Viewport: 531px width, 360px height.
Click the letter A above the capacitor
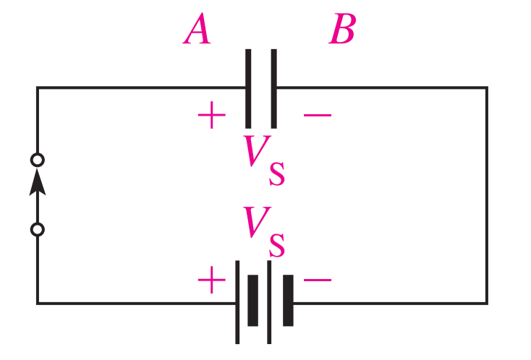tap(197, 31)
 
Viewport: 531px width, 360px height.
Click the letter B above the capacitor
tap(342, 31)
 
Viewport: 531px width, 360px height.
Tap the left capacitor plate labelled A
tap(248, 87)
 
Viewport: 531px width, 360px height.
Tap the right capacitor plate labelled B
tap(273, 87)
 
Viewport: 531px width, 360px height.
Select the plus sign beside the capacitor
tap(211, 116)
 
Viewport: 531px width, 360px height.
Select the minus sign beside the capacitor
tap(317, 116)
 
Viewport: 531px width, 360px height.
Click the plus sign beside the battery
tap(211, 280)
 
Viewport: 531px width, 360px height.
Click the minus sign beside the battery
tap(317, 280)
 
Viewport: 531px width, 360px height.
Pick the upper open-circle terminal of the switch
tap(38, 159)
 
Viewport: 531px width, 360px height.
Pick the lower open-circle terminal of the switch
tap(38, 230)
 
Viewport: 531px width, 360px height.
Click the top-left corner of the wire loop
tap(38, 87)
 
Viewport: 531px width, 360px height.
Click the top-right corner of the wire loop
tap(487, 87)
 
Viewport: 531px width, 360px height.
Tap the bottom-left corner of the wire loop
tap(38, 303)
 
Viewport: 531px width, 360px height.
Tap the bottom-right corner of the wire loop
tap(487, 303)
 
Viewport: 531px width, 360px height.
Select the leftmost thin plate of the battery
tap(237, 302)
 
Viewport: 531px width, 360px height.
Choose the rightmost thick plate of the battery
tap(288, 301)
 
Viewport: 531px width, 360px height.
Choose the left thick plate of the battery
tap(252, 301)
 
